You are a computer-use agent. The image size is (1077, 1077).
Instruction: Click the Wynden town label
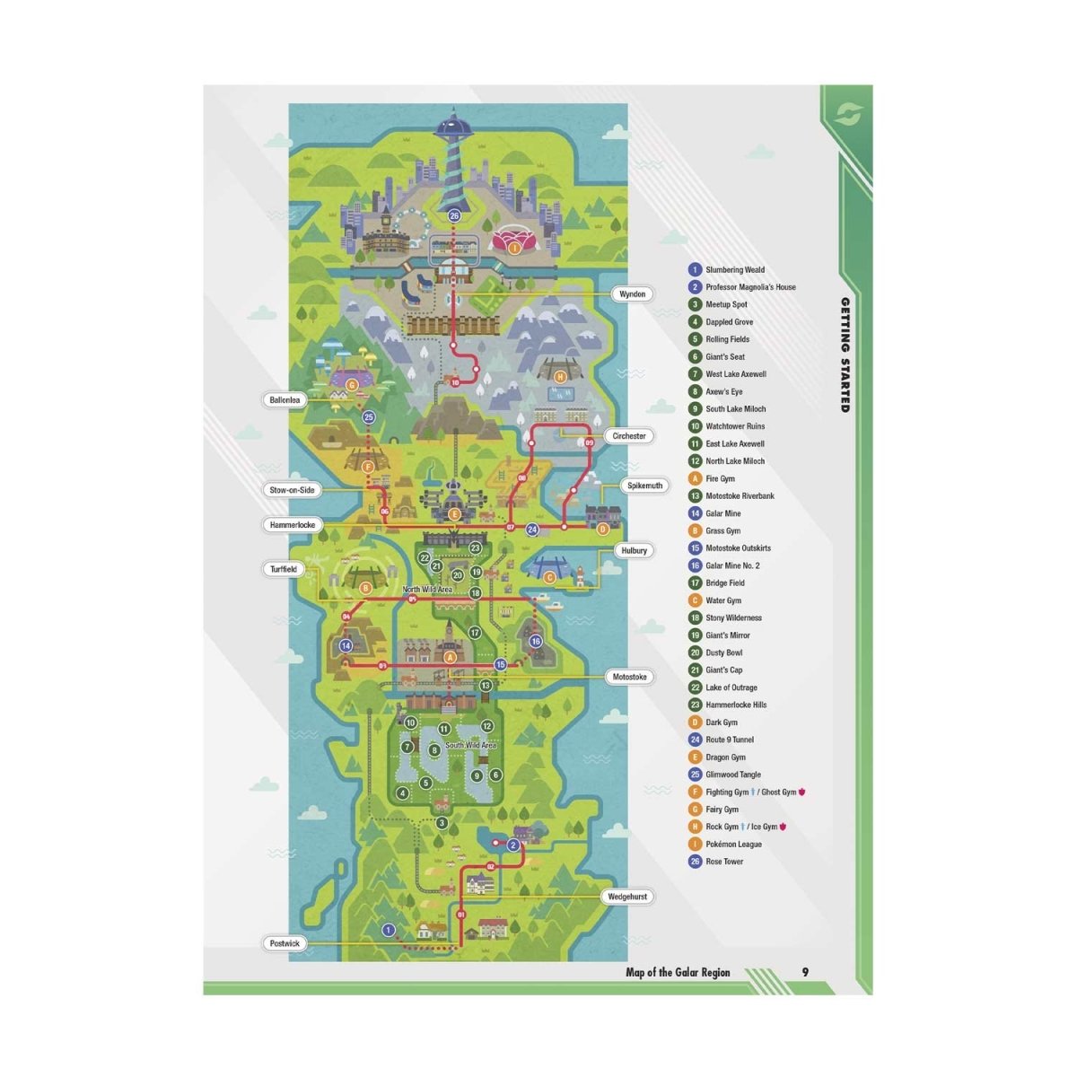tap(633, 294)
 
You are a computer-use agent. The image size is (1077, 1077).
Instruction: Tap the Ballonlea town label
tap(285, 400)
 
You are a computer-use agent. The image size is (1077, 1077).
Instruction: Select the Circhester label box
tap(629, 436)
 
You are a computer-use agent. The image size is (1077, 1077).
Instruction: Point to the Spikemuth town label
tap(645, 486)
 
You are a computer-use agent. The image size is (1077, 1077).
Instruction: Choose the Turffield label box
tap(284, 569)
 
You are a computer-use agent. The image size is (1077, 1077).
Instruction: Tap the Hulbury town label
tap(634, 550)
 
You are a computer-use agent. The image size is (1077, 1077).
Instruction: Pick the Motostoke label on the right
tap(629, 677)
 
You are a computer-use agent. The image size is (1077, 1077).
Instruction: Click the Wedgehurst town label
tap(627, 897)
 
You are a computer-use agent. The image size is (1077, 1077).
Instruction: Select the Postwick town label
tap(285, 943)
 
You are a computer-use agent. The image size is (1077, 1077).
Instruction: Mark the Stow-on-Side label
tap(293, 490)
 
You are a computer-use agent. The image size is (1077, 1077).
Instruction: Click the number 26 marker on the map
tap(454, 216)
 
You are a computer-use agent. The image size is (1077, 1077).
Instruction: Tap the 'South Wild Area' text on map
tap(470, 745)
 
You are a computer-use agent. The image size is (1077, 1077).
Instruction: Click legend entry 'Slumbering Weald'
tap(734, 269)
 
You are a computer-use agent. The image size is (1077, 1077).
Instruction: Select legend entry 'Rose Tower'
tap(723, 862)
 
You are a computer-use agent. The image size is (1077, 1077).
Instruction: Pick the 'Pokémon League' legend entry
tap(732, 845)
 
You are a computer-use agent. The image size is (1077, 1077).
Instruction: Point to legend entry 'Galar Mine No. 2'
tap(731, 565)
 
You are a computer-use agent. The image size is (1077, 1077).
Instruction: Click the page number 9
tap(805, 972)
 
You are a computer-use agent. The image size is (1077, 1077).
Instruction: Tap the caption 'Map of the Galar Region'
tap(678, 972)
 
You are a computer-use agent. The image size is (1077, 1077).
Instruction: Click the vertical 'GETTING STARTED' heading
tap(845, 355)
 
